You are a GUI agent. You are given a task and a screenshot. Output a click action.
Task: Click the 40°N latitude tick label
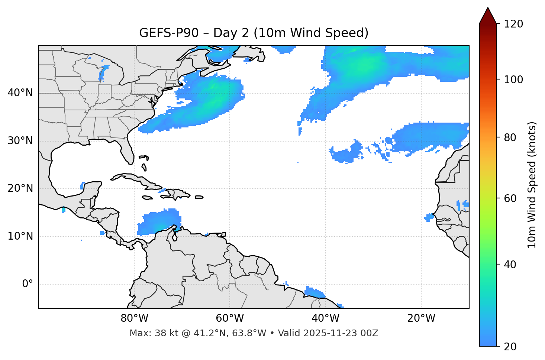[x=20, y=93]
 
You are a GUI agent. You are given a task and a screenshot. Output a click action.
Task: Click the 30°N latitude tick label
[x=20, y=141]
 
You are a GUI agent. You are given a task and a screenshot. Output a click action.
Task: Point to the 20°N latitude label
[x=20, y=188]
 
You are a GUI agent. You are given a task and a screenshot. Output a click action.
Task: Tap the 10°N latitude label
[x=20, y=236]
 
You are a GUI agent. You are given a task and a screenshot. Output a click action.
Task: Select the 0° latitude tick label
[x=28, y=284]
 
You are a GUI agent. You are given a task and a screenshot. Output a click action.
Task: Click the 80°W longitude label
[x=134, y=318]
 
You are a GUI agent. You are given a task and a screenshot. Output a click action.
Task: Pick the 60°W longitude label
[x=230, y=318]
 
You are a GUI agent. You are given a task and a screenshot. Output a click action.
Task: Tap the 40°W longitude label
[x=325, y=318]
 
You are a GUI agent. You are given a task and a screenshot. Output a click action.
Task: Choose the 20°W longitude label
[x=421, y=318]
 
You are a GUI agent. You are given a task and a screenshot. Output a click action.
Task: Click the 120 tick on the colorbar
[x=514, y=24]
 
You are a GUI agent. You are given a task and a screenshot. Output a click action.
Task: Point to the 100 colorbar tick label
[x=514, y=80]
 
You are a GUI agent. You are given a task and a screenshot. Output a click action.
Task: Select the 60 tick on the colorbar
[x=511, y=198]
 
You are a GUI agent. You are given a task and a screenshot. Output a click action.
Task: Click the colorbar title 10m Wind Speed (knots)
[x=532, y=185]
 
